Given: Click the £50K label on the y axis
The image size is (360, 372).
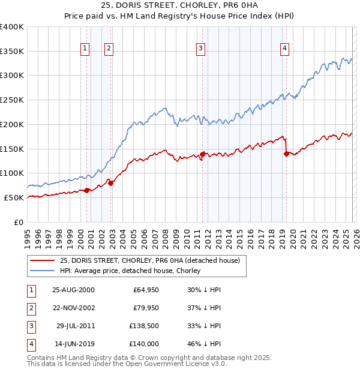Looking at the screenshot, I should [x=14, y=197].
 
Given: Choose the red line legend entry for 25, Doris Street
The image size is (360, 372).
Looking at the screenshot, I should [x=149, y=260].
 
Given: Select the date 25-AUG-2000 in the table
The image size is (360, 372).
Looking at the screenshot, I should [x=73, y=290].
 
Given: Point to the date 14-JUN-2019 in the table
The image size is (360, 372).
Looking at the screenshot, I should [x=73, y=344].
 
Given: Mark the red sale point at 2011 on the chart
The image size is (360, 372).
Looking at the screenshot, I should [x=203, y=154].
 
